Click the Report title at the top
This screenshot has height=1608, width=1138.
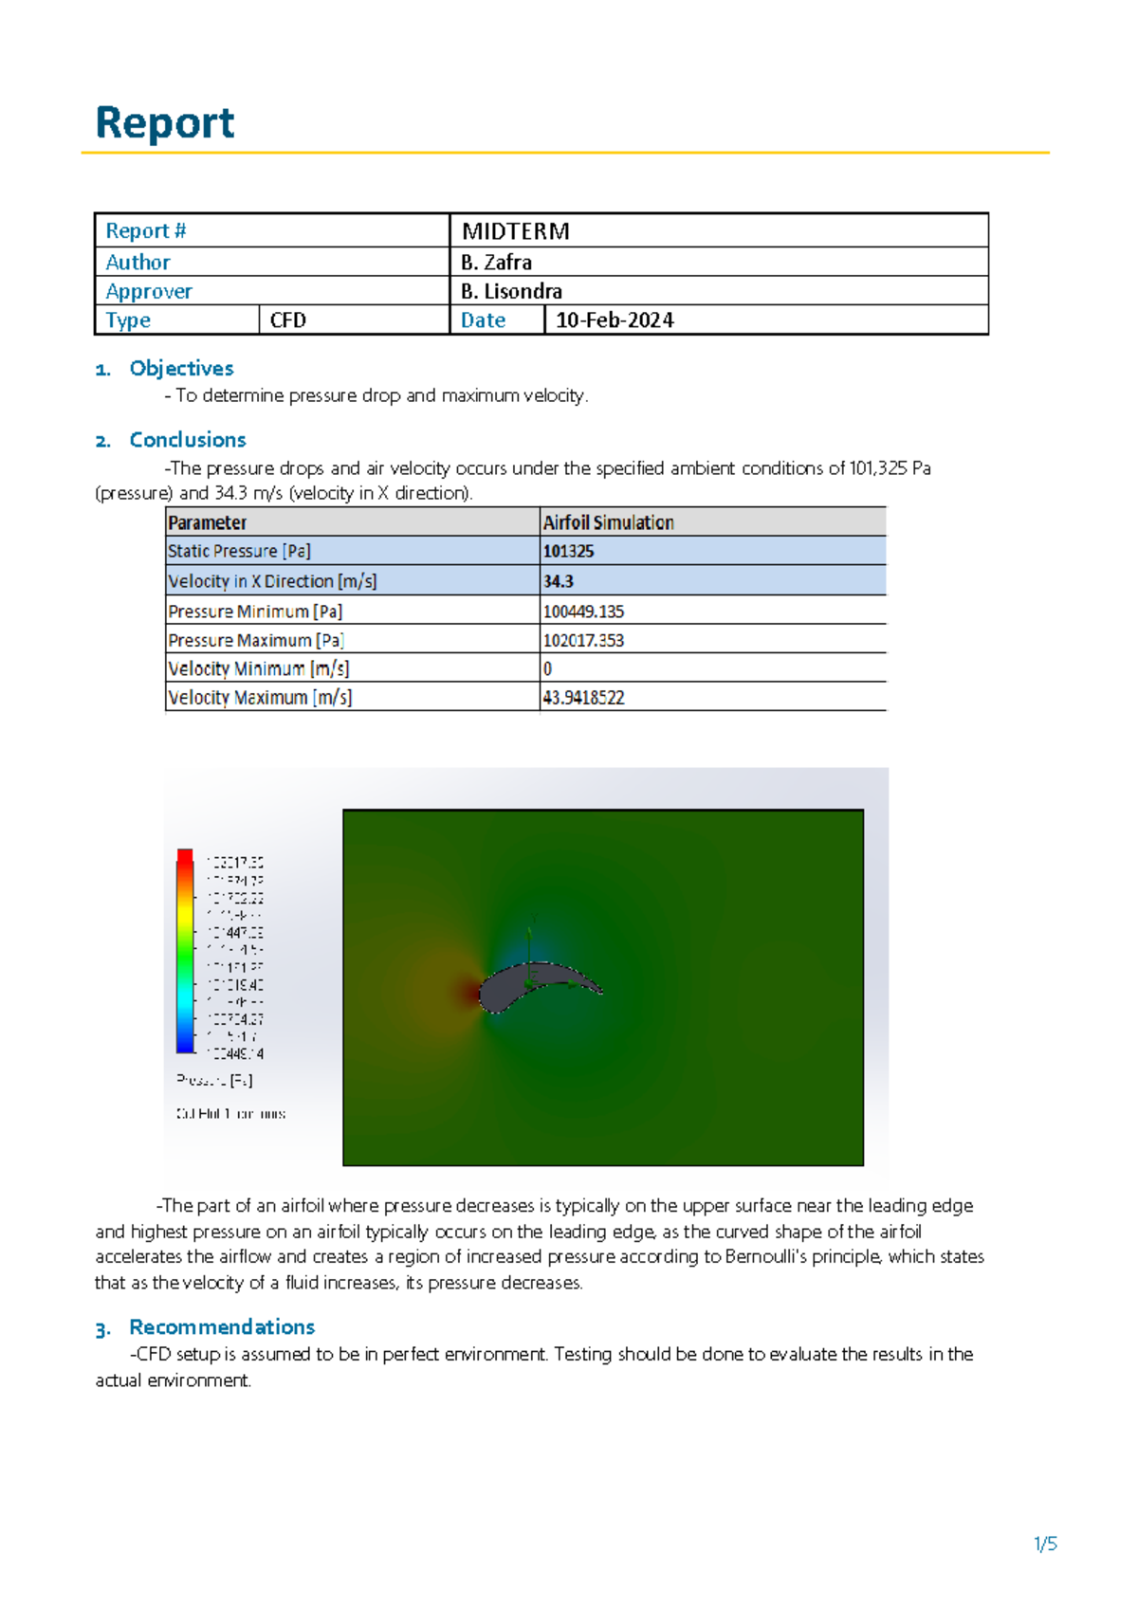tap(165, 123)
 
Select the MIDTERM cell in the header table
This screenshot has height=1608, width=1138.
tap(515, 231)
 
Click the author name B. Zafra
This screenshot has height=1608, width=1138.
tap(496, 263)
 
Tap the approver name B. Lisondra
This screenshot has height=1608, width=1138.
tap(511, 291)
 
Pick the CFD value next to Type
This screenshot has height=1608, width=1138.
tap(287, 320)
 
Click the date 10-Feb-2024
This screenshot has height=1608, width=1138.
tap(615, 320)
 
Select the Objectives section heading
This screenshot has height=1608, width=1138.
tap(181, 369)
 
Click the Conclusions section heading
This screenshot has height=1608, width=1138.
tap(188, 440)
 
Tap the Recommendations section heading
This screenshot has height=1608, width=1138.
tap(222, 1327)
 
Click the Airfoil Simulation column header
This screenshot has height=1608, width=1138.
tap(608, 522)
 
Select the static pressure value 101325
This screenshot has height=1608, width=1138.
tap(568, 552)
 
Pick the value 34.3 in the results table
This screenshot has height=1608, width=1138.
tap(558, 581)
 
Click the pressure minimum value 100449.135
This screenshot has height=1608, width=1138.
tap(583, 612)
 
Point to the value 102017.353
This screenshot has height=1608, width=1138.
tap(583, 641)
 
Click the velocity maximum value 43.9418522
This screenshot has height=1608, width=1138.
tap(583, 698)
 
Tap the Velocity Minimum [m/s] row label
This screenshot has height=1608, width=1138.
tap(259, 669)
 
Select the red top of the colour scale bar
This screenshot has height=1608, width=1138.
tap(185, 856)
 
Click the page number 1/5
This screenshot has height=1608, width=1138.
tap(1045, 1544)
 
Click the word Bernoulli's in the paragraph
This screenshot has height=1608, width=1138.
tap(768, 1257)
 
